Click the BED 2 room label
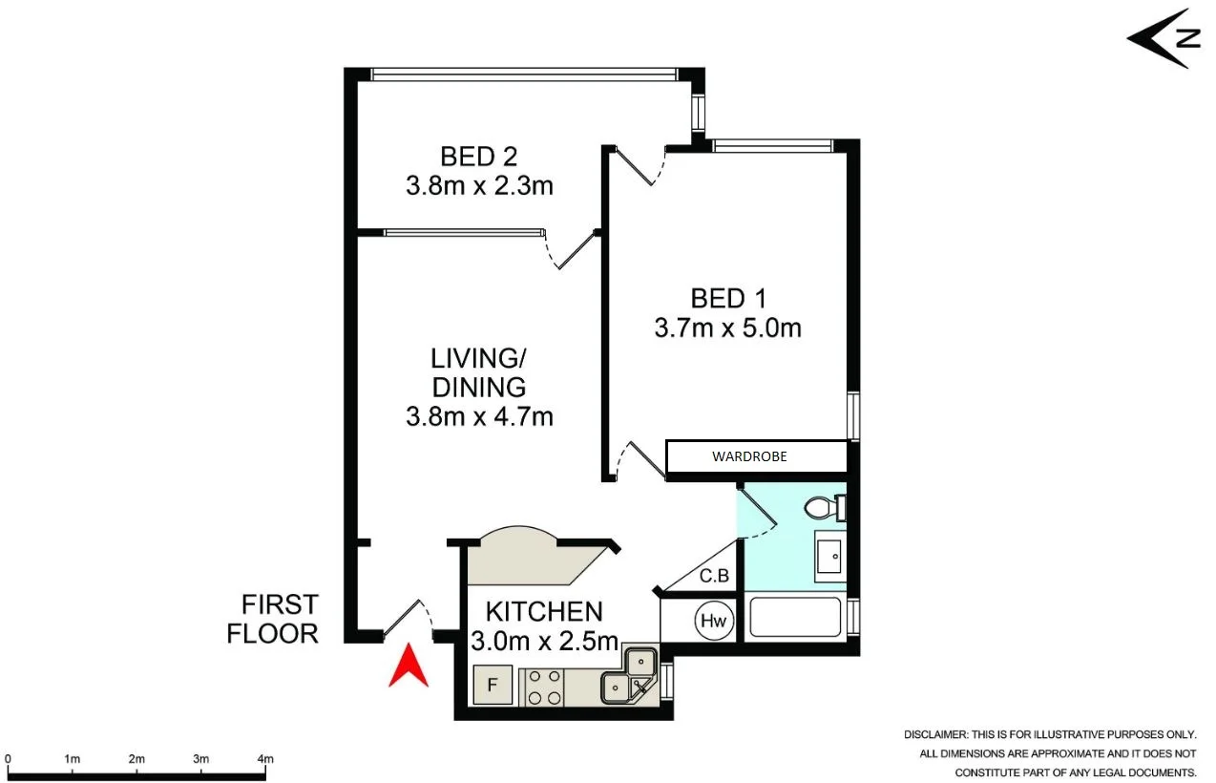pyautogui.click(x=478, y=156)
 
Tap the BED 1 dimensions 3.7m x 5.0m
pyautogui.click(x=727, y=328)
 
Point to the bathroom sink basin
pyautogui.click(x=828, y=554)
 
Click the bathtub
pyautogui.click(x=794, y=618)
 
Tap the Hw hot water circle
pyautogui.click(x=713, y=621)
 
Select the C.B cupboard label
pyautogui.click(x=714, y=576)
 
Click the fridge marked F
pyautogui.click(x=493, y=685)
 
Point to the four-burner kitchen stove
pyautogui.click(x=543, y=686)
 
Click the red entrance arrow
pyautogui.click(x=408, y=666)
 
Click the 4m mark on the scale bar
pyautogui.click(x=265, y=759)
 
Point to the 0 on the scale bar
pyautogui.click(x=8, y=759)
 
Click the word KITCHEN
pyautogui.click(x=544, y=611)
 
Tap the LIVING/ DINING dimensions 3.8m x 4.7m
pyautogui.click(x=479, y=416)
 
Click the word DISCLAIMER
pyautogui.click(x=935, y=734)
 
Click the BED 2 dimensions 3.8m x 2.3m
pyautogui.click(x=479, y=184)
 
